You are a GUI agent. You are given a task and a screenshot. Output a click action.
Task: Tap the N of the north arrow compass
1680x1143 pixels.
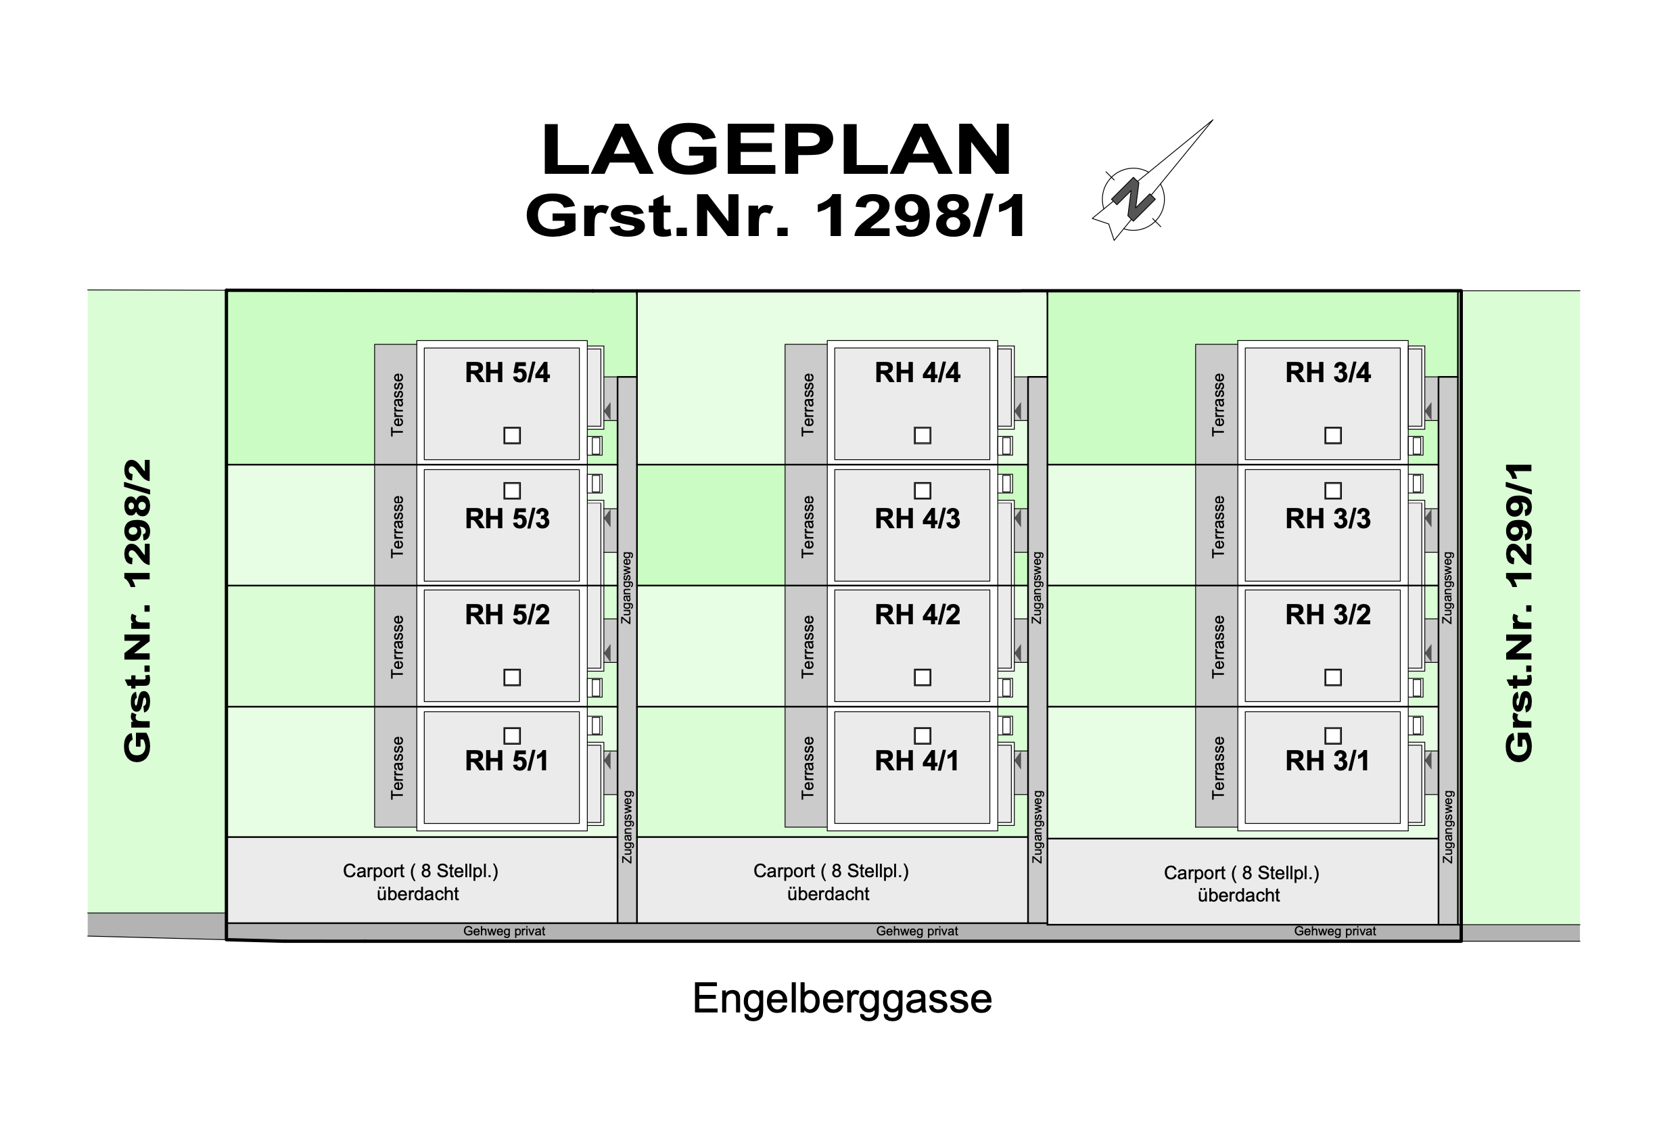pyautogui.click(x=1132, y=199)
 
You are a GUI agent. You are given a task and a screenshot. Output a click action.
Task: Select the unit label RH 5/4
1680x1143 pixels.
pyautogui.click(x=507, y=373)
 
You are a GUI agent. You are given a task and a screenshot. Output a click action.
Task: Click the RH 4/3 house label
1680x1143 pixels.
pyautogui.click(x=916, y=519)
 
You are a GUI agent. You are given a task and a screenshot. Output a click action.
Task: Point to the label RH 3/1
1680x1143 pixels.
pyautogui.click(x=1326, y=762)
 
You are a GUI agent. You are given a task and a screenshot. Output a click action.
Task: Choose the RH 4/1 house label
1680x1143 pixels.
pyautogui.click(x=916, y=762)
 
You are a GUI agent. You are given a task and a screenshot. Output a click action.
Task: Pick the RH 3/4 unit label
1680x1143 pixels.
pyautogui.click(x=1327, y=373)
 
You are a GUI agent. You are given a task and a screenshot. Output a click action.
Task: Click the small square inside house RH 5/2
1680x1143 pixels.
pyautogui.click(x=512, y=678)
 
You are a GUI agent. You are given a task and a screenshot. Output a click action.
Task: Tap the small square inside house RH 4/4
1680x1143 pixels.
pyautogui.click(x=923, y=436)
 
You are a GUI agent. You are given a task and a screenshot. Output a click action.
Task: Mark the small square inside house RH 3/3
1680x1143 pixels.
pyautogui.click(x=1333, y=491)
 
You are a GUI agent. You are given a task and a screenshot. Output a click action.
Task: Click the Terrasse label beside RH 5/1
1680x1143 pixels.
pyautogui.click(x=397, y=768)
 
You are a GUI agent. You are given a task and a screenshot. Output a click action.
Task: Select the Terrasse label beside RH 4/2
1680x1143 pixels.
pyautogui.click(x=808, y=647)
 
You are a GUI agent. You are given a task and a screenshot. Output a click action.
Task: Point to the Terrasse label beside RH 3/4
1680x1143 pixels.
pyautogui.click(x=1218, y=405)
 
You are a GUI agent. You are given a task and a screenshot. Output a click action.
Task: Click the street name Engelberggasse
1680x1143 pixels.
pyautogui.click(x=842, y=999)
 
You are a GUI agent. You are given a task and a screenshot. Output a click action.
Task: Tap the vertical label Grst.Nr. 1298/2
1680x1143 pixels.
pyautogui.click(x=137, y=611)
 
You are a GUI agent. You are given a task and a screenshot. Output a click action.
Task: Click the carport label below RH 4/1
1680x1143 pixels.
pyautogui.click(x=830, y=882)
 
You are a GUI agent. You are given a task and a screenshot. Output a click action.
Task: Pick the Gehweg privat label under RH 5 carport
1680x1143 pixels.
pyautogui.click(x=504, y=931)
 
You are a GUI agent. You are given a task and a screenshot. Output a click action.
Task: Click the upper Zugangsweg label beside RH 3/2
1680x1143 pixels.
pyautogui.click(x=1447, y=588)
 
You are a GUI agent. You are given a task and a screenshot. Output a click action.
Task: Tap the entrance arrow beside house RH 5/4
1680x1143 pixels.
pyautogui.click(x=608, y=411)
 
